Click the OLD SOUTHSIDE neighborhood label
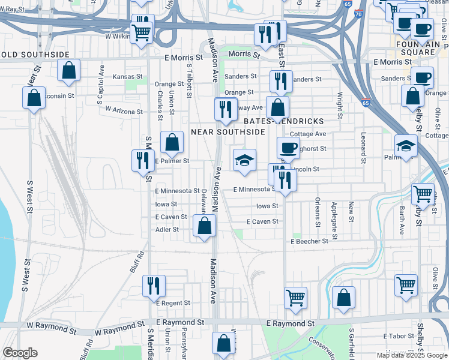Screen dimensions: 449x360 35,55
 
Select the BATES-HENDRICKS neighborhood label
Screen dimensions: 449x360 293,121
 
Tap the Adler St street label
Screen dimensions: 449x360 167,229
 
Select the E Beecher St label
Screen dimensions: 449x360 309,241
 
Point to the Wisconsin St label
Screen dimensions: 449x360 57,95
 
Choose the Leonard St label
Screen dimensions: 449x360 363,148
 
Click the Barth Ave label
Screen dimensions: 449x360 402,220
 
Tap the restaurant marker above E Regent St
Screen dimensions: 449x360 154,286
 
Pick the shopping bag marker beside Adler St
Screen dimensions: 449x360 204,226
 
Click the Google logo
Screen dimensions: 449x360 20,353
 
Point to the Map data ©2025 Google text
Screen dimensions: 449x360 412,355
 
